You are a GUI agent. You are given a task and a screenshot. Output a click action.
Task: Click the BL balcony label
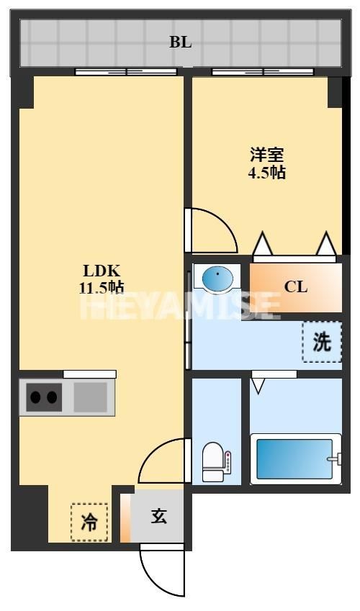(x=180, y=42)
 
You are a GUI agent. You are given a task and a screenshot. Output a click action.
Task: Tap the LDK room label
(x=102, y=271)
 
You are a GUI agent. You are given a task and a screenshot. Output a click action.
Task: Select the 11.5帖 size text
(x=102, y=288)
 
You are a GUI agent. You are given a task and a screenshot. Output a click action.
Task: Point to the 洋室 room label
(x=266, y=155)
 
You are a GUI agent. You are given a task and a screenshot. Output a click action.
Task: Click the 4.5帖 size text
(x=266, y=173)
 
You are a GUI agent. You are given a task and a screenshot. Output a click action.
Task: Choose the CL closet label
(x=295, y=286)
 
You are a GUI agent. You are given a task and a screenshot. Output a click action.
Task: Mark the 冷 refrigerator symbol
(x=89, y=522)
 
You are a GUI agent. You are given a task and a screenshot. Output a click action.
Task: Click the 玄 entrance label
(x=159, y=516)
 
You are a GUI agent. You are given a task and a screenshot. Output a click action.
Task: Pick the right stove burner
(x=53, y=397)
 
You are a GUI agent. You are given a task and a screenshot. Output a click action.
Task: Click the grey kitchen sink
(x=90, y=397)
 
